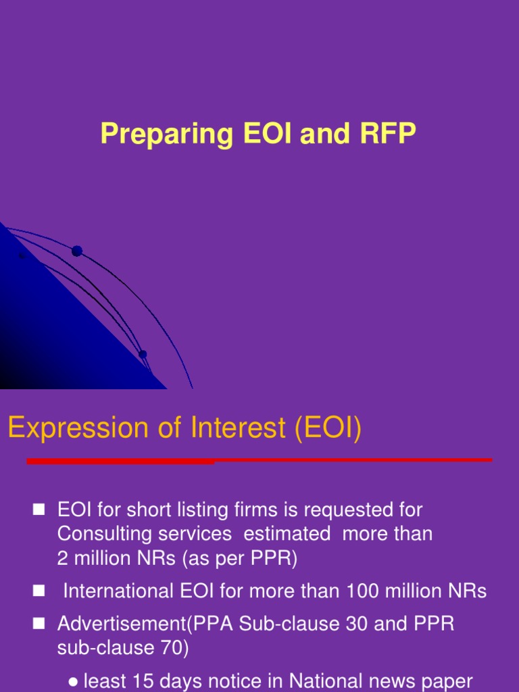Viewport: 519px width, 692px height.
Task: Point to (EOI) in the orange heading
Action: [x=327, y=428]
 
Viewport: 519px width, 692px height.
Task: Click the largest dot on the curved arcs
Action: [x=77, y=251]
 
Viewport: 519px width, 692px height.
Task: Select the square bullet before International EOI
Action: [x=39, y=591]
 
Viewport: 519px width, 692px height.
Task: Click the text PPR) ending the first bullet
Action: [x=274, y=558]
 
